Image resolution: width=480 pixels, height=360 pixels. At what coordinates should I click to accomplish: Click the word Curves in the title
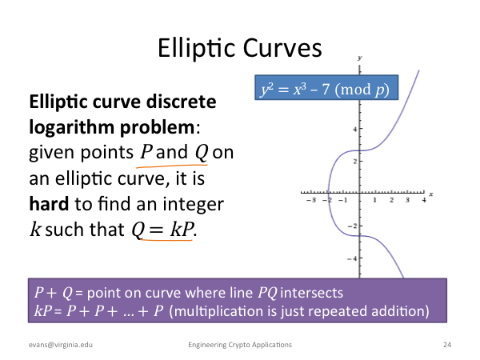coord(282,48)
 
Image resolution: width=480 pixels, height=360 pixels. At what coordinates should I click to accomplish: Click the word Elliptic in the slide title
coord(196,49)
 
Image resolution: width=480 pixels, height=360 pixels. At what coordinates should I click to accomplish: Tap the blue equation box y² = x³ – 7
coord(326,87)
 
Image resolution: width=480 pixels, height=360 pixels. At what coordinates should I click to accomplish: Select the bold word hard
coord(49,203)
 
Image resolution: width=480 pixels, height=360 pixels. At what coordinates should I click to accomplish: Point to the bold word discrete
coord(182,102)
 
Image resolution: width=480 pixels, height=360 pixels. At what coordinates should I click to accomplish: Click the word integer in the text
coord(193,205)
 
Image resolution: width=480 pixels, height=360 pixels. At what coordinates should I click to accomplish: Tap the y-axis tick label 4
coord(354,129)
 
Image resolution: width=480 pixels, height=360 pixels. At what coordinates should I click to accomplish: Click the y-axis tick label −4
coord(352,258)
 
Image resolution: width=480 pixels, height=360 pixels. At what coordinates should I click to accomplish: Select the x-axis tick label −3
coord(311,200)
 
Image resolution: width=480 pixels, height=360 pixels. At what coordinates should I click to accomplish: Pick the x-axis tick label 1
coord(374,200)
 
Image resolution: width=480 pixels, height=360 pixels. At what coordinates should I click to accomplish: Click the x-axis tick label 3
coord(407,200)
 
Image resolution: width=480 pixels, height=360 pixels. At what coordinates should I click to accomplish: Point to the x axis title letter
coord(431,194)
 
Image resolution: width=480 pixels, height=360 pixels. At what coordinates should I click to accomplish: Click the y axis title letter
coord(360,58)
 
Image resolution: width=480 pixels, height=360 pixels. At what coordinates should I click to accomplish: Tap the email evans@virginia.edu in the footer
coord(61,345)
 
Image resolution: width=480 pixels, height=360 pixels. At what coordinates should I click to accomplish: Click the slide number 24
coord(447,345)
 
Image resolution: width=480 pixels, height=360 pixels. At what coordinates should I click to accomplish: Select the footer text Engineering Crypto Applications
coord(240,345)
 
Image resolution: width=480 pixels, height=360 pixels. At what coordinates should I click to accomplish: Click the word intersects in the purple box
coord(312,293)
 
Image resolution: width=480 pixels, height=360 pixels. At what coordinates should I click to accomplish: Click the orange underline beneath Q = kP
coord(166,239)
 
